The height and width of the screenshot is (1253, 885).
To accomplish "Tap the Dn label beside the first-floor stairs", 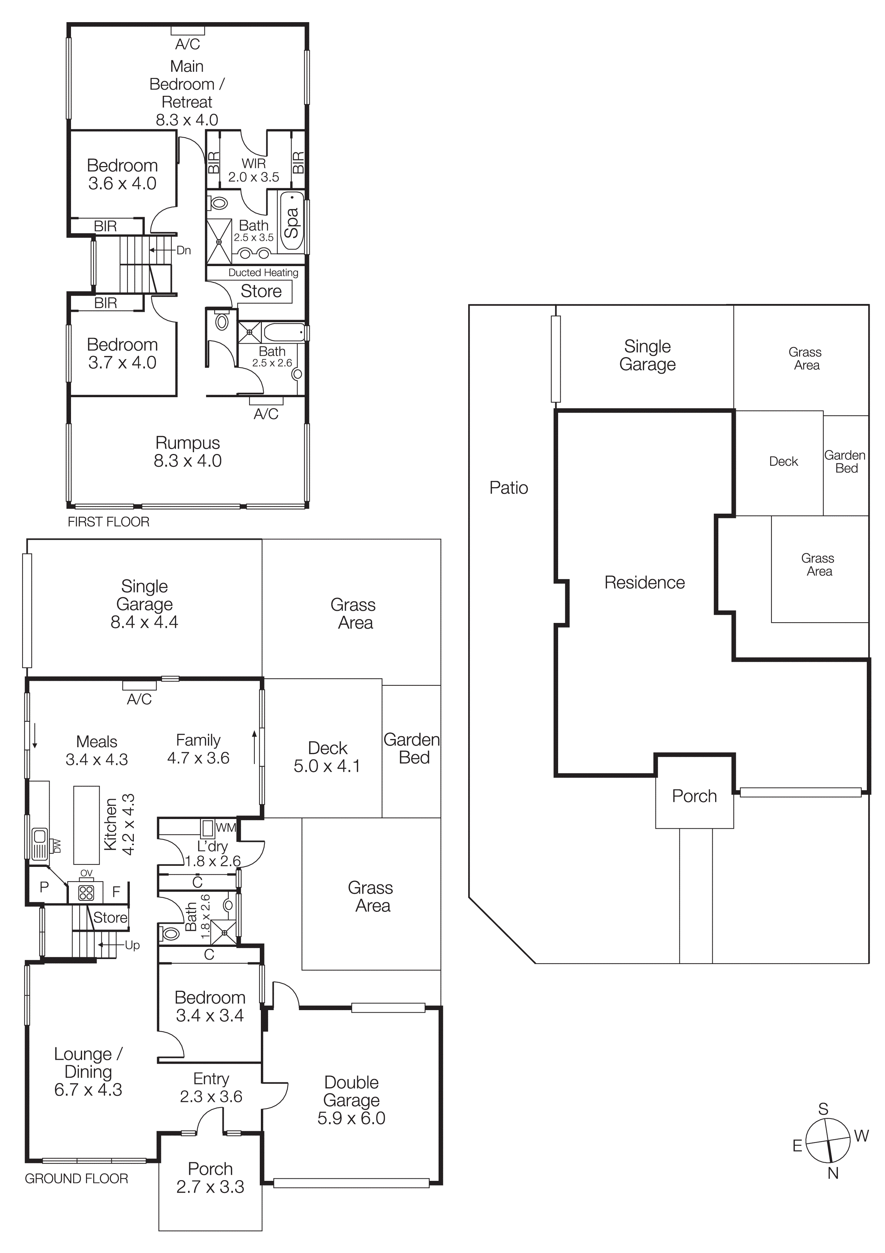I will tap(184, 250).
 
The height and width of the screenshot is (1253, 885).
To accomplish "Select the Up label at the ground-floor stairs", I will tap(132, 945).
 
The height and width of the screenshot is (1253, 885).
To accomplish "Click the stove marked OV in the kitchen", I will tap(86, 892).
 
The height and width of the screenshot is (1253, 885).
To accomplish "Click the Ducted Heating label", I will tap(263, 272).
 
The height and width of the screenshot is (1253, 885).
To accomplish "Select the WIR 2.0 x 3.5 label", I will tap(254, 170).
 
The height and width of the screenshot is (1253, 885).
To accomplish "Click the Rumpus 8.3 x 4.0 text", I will tap(188, 451).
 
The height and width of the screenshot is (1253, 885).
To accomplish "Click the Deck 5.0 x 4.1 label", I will tap(327, 757).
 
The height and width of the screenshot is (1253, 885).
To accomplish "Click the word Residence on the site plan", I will tap(644, 582).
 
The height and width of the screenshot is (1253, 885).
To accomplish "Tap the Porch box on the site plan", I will tap(694, 796).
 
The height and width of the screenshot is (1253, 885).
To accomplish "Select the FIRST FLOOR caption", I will tap(108, 522).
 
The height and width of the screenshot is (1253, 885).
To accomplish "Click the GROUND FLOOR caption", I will tap(76, 1178).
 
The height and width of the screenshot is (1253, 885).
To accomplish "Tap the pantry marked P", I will tap(45, 887).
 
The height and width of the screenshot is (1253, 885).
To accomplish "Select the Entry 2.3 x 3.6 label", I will tap(211, 1087).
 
